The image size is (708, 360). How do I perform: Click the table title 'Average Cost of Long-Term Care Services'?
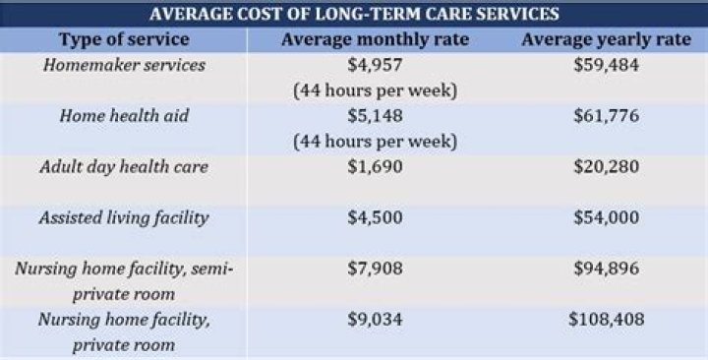[x=354, y=14]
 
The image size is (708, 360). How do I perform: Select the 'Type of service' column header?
[x=125, y=39]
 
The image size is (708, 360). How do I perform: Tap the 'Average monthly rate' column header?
[x=375, y=39]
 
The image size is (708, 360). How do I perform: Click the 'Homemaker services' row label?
[x=124, y=65]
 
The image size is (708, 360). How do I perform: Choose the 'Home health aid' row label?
[x=124, y=115]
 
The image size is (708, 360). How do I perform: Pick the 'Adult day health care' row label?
[x=124, y=166]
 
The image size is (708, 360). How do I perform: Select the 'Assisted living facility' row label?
[x=124, y=217]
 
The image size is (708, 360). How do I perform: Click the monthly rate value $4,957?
[x=375, y=65]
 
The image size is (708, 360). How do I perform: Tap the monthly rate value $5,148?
[x=375, y=115]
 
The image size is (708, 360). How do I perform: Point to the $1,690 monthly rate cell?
[x=375, y=166]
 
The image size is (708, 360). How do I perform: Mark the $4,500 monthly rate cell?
[x=375, y=217]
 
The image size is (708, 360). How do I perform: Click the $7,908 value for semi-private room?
[x=375, y=269]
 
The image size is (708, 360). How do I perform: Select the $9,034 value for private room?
[x=375, y=320]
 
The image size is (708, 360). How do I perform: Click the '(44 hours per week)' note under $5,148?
[x=375, y=141]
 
